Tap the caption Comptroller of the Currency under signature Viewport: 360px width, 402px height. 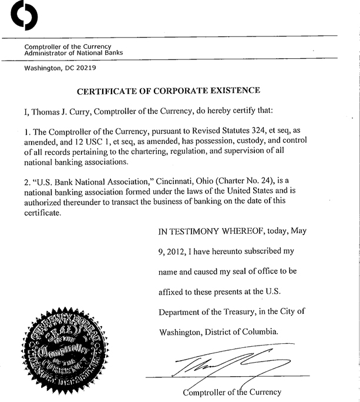pyautogui.click(x=233, y=392)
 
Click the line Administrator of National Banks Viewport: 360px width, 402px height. pyautogui.click(x=74, y=52)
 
